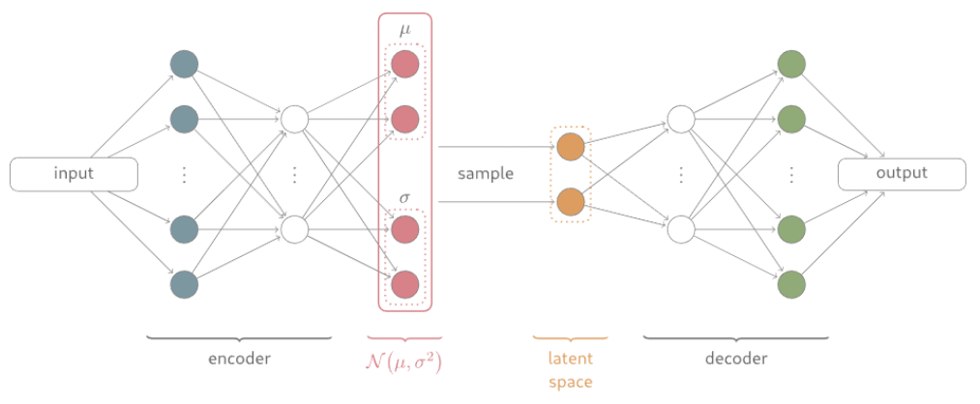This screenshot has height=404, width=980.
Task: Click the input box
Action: pos(74,174)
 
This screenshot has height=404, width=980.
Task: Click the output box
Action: pos(901,174)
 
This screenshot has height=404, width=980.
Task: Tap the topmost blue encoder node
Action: pos(184,64)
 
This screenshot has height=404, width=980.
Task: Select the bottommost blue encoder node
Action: pos(184,284)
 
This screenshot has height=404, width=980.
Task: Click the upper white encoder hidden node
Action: pos(294,120)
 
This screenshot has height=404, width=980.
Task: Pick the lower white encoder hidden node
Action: pos(294,229)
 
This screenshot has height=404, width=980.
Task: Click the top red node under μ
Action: pos(404,65)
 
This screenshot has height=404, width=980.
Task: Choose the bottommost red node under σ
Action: pos(404,284)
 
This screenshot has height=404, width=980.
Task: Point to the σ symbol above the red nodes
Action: pos(404,199)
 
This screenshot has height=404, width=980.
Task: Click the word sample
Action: pos(486,175)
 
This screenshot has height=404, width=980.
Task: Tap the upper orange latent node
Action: pos(571,147)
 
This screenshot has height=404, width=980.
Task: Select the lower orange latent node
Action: pos(571,202)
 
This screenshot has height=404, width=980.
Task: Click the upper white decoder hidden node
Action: pos(680,120)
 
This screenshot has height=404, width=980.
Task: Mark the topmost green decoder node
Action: pos(791,64)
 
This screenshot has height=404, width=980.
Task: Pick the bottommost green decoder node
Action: pos(791,284)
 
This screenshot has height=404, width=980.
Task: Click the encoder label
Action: pos(239,360)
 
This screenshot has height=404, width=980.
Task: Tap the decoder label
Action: pos(735,360)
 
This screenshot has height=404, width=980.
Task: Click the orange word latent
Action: pos(571,360)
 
